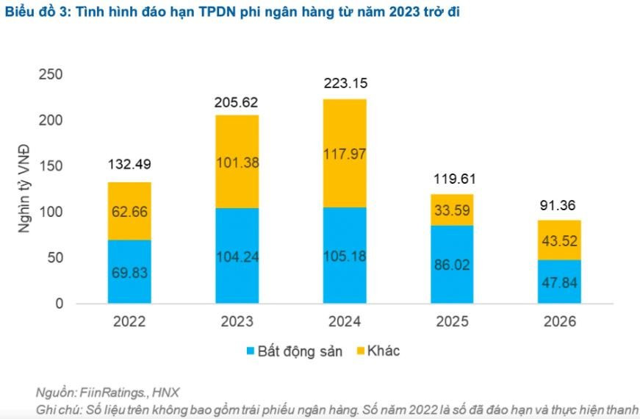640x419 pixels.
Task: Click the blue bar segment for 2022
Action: tap(129, 271)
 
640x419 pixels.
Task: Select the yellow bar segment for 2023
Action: tap(237, 161)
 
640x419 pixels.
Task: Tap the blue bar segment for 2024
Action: tap(345, 255)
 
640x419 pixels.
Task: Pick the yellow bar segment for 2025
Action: tap(452, 209)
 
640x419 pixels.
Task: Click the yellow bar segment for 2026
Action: tap(559, 240)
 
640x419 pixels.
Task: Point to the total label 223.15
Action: tap(345, 85)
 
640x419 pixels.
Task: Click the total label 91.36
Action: tap(559, 206)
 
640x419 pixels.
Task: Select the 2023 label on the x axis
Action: tap(237, 322)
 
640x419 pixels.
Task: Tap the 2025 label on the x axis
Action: tap(452, 322)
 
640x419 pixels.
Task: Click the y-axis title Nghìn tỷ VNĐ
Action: tap(25, 188)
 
